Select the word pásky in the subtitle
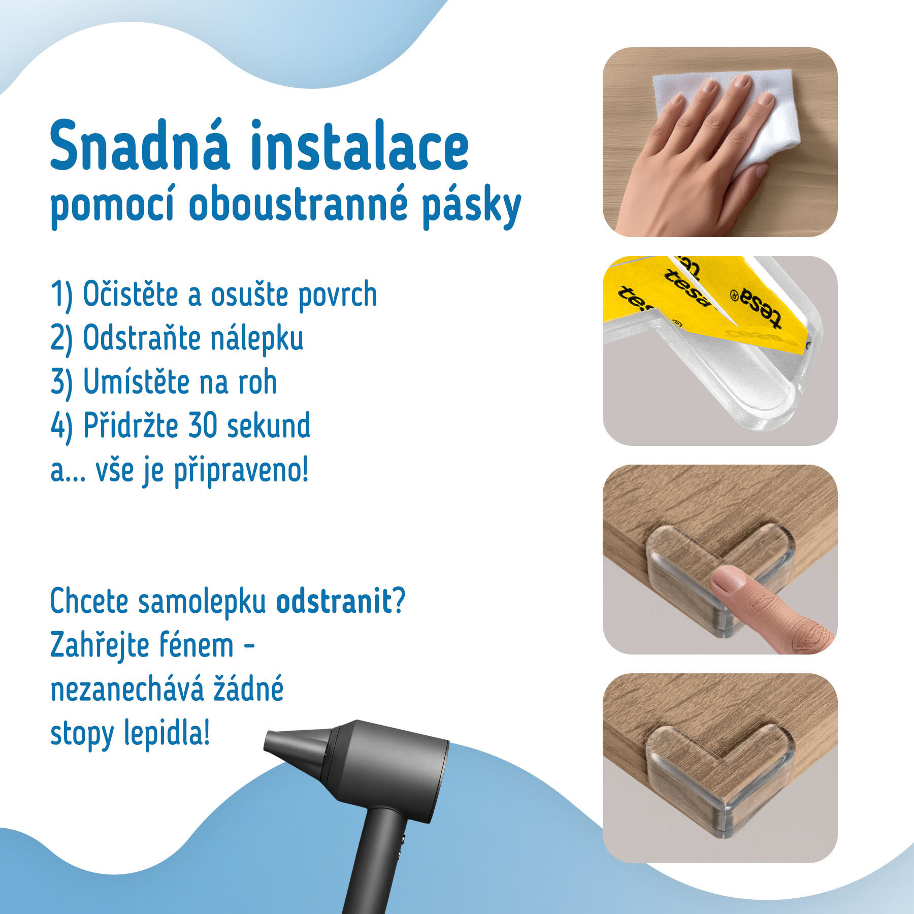coord(472,208)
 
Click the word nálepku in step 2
coord(257,338)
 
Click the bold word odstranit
coord(334,602)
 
